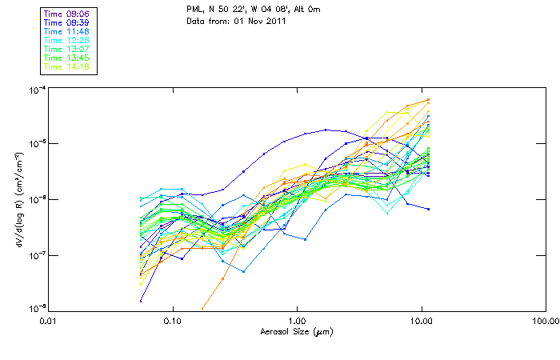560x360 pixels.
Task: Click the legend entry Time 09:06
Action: (67, 14)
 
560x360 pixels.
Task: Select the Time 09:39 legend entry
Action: (67, 23)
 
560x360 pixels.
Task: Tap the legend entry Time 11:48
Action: (67, 32)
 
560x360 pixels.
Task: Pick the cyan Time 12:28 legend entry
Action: (67, 41)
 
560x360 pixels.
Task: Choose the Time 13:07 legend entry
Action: (67, 50)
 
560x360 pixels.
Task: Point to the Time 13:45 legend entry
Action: (67, 58)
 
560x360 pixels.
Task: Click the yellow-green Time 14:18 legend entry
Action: (67, 67)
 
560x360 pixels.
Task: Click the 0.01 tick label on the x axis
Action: (49, 322)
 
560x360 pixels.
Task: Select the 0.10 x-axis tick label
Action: (173, 322)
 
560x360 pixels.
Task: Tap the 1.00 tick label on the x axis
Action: (297, 322)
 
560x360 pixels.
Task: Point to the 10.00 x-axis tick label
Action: (421, 322)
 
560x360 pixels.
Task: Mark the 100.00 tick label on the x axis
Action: (545, 322)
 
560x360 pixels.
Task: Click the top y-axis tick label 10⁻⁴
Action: (38, 89)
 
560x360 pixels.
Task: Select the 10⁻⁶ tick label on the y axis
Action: (38, 198)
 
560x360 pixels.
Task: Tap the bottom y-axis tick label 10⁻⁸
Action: (38, 309)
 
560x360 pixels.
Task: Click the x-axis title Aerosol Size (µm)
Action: (297, 331)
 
